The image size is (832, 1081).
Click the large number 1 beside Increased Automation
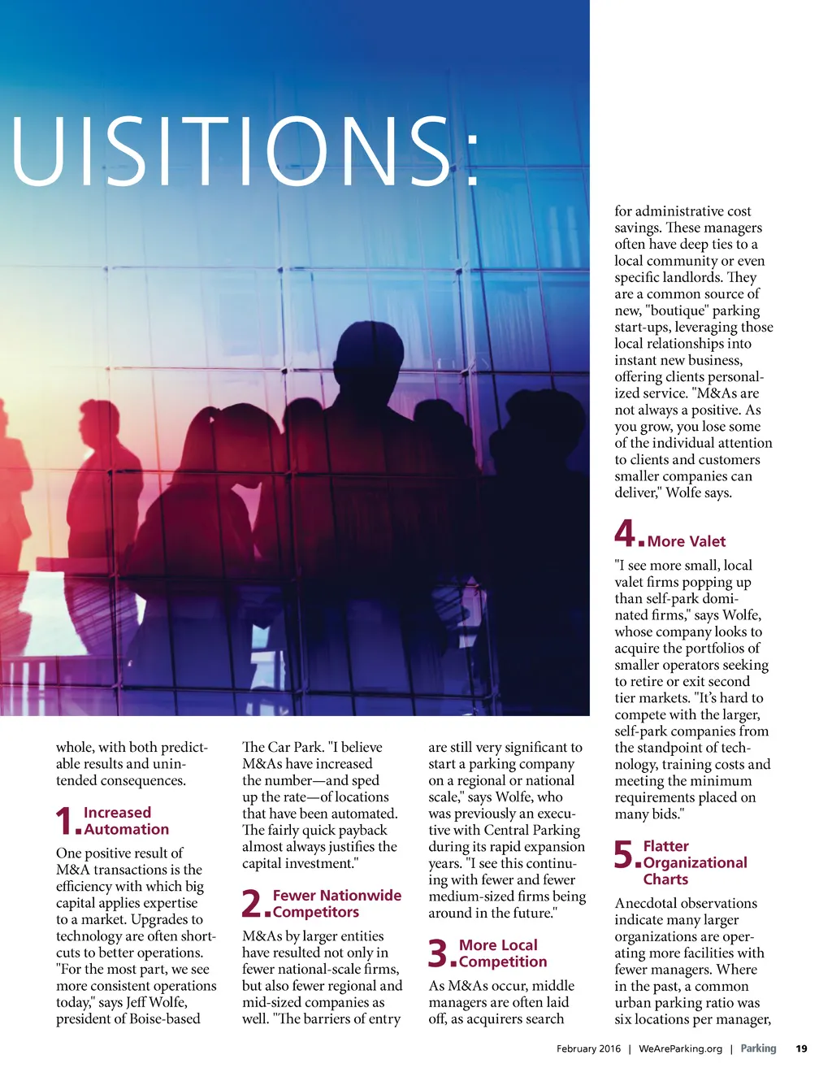[64, 820]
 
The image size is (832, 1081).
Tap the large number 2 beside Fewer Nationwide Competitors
[252, 903]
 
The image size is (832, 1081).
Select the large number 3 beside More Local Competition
[438, 953]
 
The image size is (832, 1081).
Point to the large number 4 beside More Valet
[625, 533]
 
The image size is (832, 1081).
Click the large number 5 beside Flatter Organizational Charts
[623, 854]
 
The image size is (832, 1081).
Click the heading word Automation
[126, 829]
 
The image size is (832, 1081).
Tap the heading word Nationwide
[359, 895]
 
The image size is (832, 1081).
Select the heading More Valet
[686, 541]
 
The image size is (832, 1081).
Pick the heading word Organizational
[695, 862]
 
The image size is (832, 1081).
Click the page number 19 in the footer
[801, 1048]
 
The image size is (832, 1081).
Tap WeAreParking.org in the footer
[680, 1048]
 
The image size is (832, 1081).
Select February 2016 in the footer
[588, 1048]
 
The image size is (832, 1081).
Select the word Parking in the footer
[758, 1048]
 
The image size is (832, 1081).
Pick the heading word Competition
[503, 962]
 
